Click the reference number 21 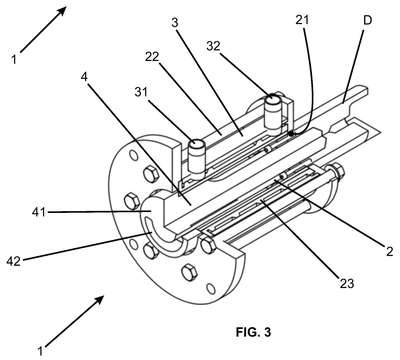302,20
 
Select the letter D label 367,21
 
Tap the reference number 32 213,46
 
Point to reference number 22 152,57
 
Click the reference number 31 141,92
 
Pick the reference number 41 39,212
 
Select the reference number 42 14,261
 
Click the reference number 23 347,283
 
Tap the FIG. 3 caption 254,332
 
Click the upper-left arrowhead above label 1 62,11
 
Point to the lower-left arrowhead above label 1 99,301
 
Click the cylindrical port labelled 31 196,159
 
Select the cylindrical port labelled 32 274,113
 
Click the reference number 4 84,77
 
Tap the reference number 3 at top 175,22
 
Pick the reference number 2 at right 389,251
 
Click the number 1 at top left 14,59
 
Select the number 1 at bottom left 40,351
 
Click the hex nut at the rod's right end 337,171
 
